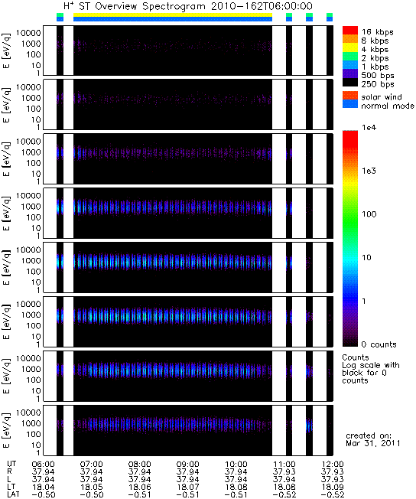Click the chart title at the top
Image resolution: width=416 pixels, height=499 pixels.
[188, 6]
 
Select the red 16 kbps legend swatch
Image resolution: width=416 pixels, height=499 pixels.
[350, 31]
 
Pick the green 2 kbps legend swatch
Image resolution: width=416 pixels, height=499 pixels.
[350, 57]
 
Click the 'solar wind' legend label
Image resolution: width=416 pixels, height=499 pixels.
[382, 96]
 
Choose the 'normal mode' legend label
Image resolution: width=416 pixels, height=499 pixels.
[388, 106]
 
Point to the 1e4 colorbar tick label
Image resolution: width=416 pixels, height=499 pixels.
[369, 128]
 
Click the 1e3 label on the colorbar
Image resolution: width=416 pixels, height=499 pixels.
[369, 171]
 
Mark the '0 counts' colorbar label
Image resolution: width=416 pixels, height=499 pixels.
[379, 344]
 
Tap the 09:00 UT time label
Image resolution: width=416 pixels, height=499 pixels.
[187, 465]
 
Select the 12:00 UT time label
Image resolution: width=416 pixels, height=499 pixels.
[333, 465]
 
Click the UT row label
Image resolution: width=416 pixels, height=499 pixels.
[11, 464]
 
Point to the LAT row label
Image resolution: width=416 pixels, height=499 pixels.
[13, 494]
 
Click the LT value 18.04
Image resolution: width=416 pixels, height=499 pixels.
[43, 488]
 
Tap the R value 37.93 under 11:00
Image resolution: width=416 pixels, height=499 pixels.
[284, 472]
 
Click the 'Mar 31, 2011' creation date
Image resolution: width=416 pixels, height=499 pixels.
[373, 443]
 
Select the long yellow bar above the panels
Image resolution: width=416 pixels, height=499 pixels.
[173, 15]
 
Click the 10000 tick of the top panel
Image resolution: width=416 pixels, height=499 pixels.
[28, 33]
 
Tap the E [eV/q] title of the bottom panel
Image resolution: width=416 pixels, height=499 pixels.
[7, 430]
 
